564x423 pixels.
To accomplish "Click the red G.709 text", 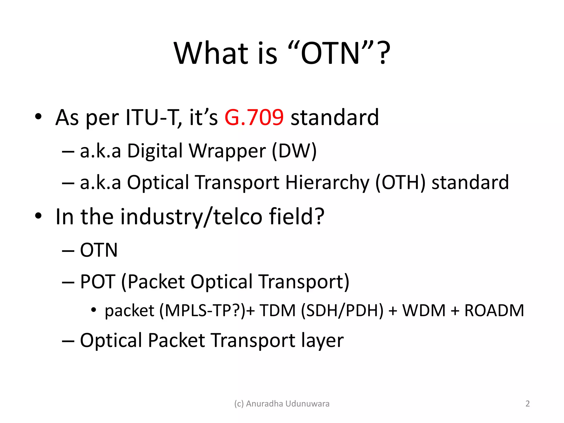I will (254, 118).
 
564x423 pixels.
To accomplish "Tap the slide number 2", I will (527, 403).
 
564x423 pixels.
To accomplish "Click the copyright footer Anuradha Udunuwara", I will (282, 403).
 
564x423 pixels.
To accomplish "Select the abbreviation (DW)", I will (294, 151).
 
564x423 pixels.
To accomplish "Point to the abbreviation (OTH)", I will (400, 182).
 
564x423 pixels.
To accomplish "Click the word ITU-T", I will (153, 118).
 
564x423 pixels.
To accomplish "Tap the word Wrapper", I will (227, 151).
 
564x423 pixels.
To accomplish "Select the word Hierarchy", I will (327, 183).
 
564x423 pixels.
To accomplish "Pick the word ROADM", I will (494, 311).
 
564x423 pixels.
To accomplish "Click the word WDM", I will (424, 311).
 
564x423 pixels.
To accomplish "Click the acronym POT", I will (97, 282).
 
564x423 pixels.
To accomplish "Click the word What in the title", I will (211, 53).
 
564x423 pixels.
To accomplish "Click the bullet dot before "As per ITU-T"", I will (38, 117).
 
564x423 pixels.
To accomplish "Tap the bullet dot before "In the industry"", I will (38, 216).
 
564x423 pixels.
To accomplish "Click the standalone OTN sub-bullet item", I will (99, 250).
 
